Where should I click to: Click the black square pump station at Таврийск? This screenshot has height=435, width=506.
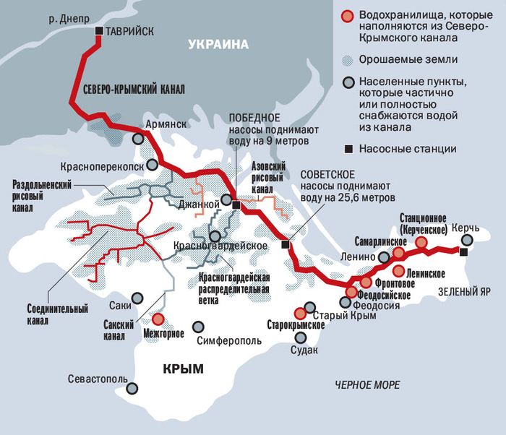tap(99, 31)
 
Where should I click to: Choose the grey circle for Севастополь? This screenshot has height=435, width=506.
tap(132, 388)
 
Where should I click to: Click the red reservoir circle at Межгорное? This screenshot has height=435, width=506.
tap(158, 319)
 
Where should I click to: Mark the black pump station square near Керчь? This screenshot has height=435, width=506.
tap(463, 251)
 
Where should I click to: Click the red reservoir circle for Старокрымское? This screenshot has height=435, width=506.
tap(300, 313)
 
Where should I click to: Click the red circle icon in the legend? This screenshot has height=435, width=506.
tap(348, 17)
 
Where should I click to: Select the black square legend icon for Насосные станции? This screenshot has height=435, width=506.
tap(348, 150)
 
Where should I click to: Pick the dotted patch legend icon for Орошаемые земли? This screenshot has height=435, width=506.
tap(348, 59)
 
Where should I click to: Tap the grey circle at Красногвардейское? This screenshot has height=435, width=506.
tap(215, 236)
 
